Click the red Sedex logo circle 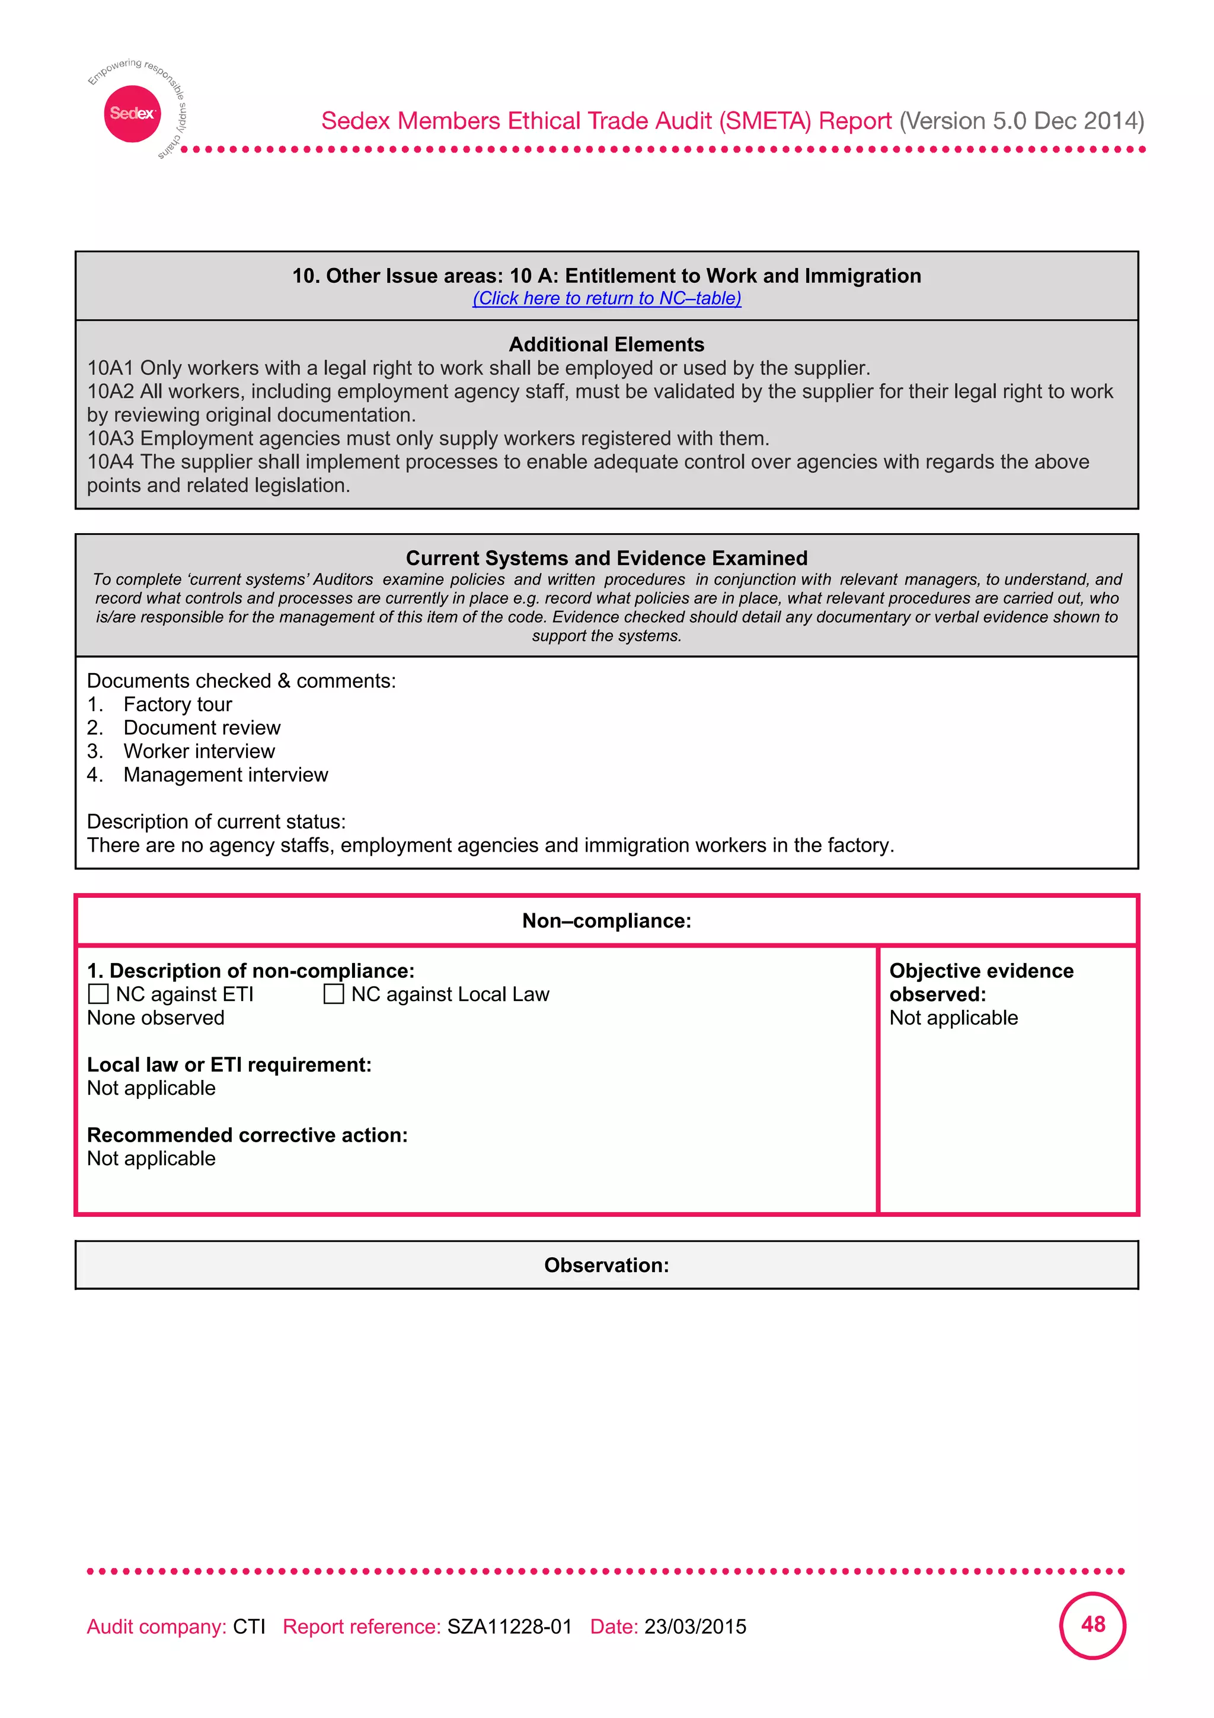(x=132, y=114)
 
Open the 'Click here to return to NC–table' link (x=606, y=298)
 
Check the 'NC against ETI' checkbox (x=98, y=994)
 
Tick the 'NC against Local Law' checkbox (x=334, y=994)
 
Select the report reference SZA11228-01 (x=509, y=1627)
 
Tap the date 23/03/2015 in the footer (x=695, y=1627)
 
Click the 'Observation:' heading (x=606, y=1266)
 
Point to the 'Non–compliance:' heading (x=606, y=921)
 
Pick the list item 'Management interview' (x=225, y=774)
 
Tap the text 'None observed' (x=155, y=1018)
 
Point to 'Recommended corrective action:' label (x=247, y=1135)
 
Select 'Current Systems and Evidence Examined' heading (x=606, y=558)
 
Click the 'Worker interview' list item (x=199, y=751)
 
